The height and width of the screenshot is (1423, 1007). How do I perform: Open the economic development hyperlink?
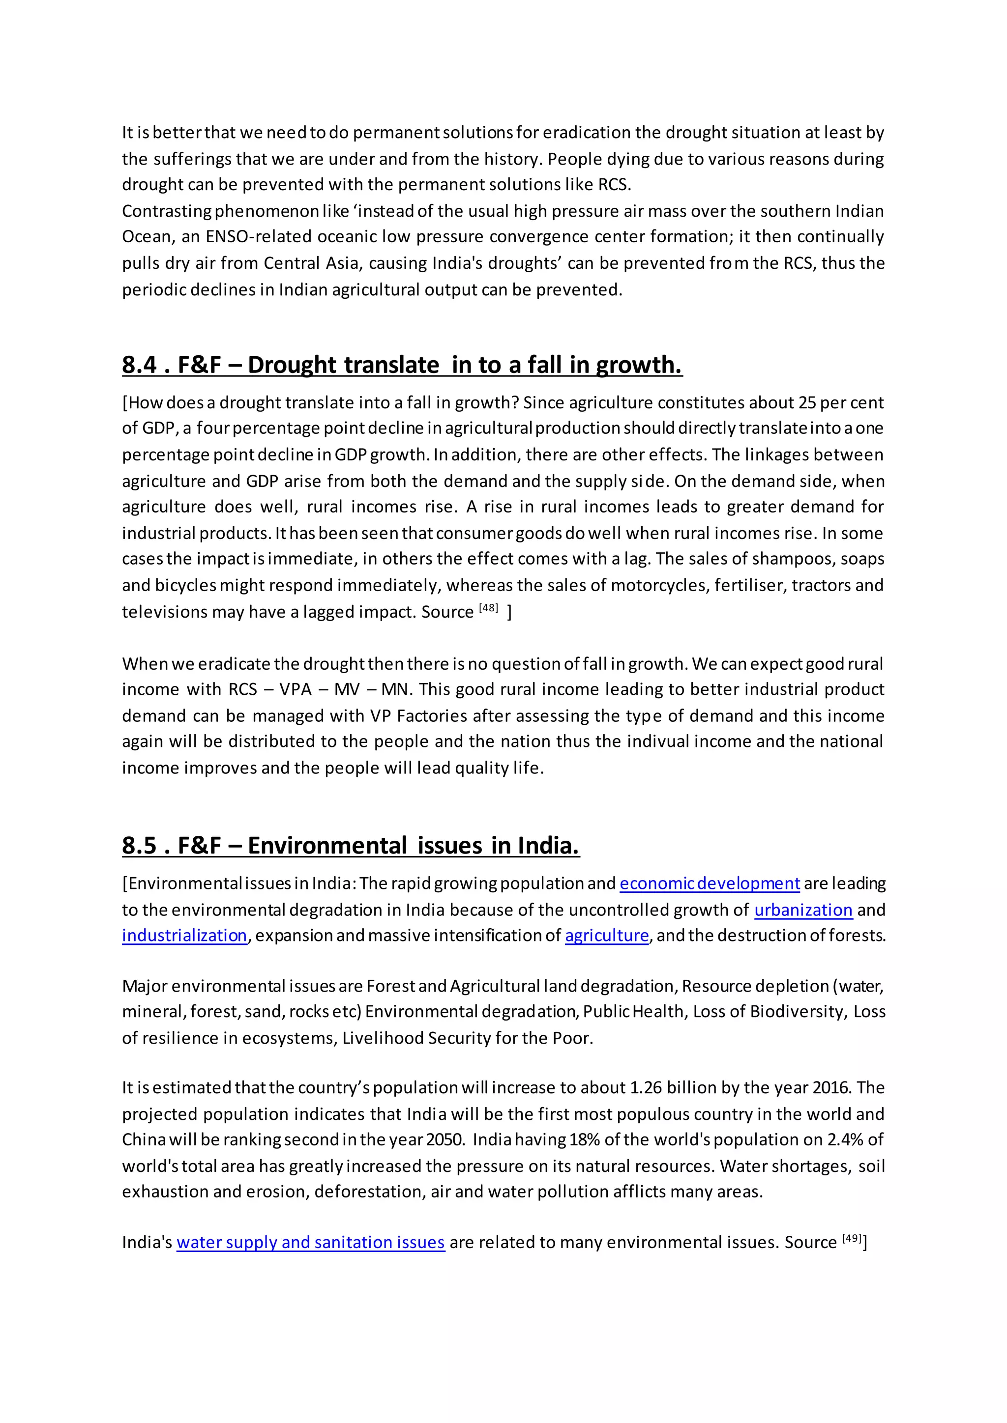710,884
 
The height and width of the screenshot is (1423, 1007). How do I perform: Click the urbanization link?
803,911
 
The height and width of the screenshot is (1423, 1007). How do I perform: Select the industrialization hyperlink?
184,936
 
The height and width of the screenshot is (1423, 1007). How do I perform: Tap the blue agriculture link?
606,936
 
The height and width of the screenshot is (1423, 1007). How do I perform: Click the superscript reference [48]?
489,608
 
